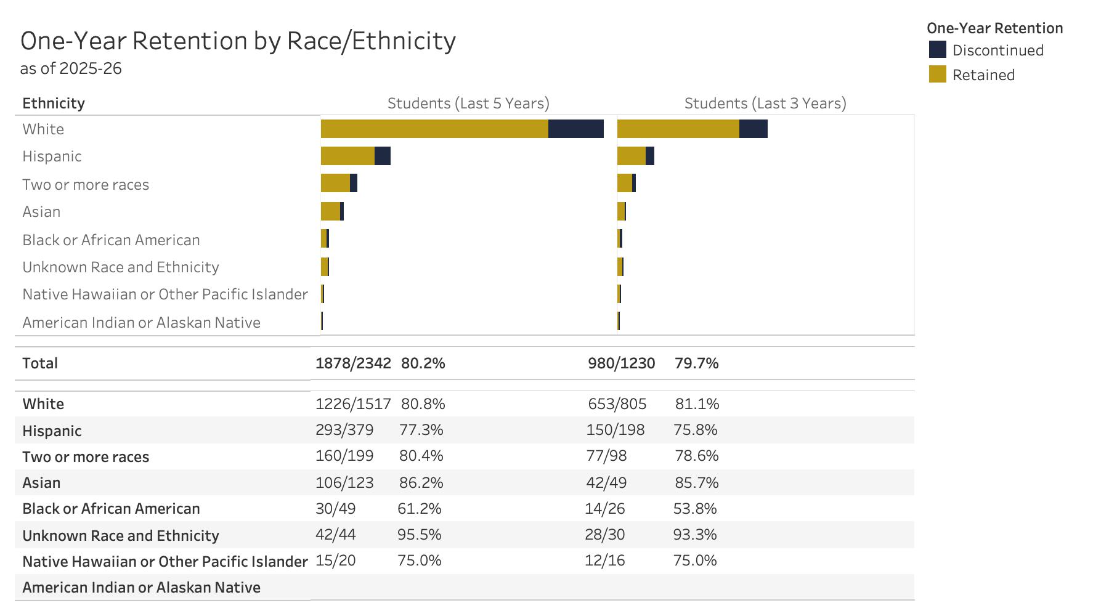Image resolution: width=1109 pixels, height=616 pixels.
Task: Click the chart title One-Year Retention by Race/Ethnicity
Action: (x=238, y=41)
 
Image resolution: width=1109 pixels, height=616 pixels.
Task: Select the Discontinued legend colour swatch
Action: (x=937, y=50)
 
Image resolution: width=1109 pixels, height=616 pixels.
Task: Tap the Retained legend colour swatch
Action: (x=937, y=75)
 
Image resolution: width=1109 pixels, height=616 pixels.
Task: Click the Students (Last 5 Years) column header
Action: (x=468, y=103)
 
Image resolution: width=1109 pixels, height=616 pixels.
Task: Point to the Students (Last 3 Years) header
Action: (x=765, y=103)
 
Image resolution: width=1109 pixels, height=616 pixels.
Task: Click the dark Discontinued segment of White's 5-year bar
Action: (x=575, y=129)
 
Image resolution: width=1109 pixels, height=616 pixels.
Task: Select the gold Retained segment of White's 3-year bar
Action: (x=678, y=129)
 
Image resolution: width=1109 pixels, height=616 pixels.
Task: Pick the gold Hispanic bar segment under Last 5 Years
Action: (x=347, y=156)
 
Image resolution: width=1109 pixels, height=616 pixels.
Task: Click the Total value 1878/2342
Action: (x=353, y=363)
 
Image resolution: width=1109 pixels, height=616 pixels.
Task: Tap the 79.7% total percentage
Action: (x=696, y=363)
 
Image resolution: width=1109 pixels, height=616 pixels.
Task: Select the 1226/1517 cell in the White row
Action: (x=353, y=403)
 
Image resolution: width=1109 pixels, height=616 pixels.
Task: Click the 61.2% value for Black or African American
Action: (x=419, y=508)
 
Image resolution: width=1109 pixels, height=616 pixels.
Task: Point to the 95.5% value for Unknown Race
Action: (x=419, y=534)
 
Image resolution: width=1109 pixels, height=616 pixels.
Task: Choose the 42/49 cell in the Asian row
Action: (x=606, y=482)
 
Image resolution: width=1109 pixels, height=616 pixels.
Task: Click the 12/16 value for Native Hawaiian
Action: (x=604, y=560)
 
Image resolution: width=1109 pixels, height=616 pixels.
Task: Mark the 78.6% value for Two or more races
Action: (x=696, y=455)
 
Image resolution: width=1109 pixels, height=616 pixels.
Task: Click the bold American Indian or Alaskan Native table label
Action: (x=141, y=587)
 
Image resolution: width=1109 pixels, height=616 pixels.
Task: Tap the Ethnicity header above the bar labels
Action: (x=54, y=103)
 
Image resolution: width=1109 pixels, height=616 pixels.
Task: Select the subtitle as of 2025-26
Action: (x=71, y=68)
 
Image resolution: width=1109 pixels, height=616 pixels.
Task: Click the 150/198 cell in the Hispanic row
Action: (x=615, y=429)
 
